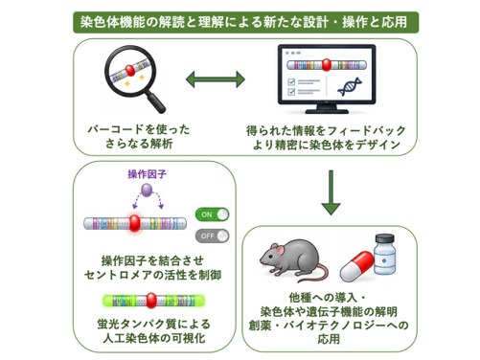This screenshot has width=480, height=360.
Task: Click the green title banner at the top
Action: point(245,22)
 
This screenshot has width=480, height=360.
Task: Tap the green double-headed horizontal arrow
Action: point(216,79)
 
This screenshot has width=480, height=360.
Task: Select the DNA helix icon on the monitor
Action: point(350,86)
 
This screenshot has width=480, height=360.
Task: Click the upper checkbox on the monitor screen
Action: point(291,82)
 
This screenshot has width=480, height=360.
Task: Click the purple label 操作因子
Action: point(147,174)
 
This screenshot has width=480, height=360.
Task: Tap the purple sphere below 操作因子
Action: point(147,191)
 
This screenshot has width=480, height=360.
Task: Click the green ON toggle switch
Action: point(213,214)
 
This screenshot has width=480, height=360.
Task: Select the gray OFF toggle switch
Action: point(213,236)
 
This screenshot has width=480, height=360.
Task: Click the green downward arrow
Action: point(331,192)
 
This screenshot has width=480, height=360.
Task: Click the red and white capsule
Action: point(356,266)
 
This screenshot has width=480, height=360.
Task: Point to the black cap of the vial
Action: point(385,239)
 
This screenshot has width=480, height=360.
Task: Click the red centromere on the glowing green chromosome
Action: point(151,301)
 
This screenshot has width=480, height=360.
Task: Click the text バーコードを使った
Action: point(139,129)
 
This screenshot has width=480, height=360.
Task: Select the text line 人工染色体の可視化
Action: point(154,339)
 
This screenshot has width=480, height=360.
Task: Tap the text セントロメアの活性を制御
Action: point(152,275)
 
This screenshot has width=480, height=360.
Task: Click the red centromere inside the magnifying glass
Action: point(130,70)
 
